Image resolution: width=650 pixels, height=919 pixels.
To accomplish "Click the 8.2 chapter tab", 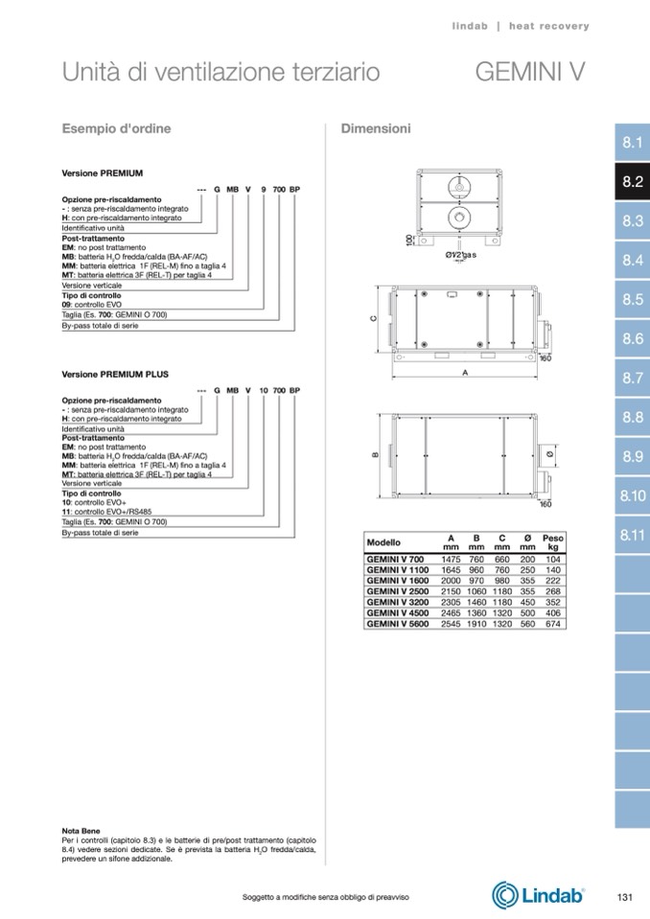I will pos(632,182).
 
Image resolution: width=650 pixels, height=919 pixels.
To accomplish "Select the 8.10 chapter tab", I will pos(632,495).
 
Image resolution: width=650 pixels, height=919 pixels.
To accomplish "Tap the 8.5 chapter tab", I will pos(632,300).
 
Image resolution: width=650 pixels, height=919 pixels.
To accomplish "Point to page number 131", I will pos(624,896).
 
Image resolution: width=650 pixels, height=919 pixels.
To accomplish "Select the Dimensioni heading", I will pos(376,127).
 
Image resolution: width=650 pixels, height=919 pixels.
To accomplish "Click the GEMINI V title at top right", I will pos(529,73).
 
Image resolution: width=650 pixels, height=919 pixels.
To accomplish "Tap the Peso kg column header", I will pos(553,542).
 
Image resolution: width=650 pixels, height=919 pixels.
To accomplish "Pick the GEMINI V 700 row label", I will pos(395,559).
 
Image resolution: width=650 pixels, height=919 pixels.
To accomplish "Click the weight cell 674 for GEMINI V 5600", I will pos(553,624).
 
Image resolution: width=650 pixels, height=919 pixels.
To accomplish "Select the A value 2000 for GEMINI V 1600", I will pos(451,581).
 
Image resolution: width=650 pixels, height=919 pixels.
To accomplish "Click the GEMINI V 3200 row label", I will pos(397,603).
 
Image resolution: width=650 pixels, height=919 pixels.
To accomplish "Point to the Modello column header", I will pos(384,542).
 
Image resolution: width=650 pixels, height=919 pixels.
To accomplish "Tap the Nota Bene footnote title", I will pos(81,830).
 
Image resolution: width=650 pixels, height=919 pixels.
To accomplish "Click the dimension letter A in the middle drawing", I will pos(464,374).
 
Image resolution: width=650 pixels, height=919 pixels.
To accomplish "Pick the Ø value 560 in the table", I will pos(526,624).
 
